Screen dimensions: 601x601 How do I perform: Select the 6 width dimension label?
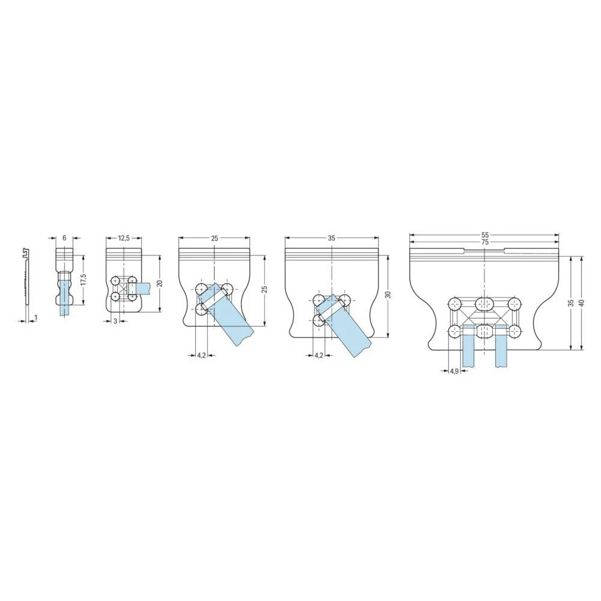64,238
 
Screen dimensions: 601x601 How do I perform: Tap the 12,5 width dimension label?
124,238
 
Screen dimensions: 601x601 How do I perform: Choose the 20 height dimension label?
160,284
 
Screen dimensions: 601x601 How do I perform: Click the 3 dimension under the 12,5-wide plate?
115,322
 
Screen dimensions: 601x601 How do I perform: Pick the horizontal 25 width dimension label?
215,238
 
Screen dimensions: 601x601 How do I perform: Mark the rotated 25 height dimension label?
264,290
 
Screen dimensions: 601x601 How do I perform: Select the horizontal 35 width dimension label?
332,238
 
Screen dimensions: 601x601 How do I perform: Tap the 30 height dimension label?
388,295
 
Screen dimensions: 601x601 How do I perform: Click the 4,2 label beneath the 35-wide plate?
319,355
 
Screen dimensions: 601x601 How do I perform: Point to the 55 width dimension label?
484,235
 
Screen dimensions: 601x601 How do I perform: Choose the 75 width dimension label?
484,242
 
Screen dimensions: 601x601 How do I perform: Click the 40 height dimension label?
581,303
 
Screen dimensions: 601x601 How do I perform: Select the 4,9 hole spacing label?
454,371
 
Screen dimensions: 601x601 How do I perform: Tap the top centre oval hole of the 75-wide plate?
484,304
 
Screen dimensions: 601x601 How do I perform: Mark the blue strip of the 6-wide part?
64,300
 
